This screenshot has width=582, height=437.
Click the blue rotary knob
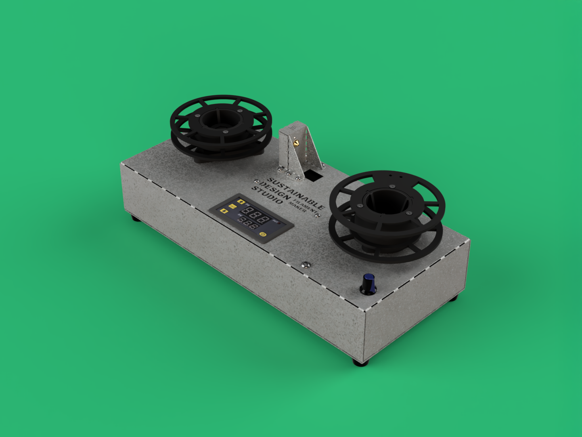(x=368, y=284)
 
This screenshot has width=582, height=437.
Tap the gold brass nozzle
(x=297, y=143)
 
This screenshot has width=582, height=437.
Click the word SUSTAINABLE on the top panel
(x=296, y=193)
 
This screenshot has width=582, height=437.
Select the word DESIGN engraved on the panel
(x=275, y=191)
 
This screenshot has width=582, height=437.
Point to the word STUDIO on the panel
(x=267, y=195)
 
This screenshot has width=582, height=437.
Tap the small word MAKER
(x=297, y=207)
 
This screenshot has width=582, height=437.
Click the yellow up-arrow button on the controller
(x=241, y=201)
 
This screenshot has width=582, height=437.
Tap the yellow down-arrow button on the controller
(x=224, y=211)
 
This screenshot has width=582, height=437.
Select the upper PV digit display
(x=255, y=215)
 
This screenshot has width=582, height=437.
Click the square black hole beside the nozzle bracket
(x=313, y=175)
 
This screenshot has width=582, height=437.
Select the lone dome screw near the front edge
(x=306, y=265)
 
